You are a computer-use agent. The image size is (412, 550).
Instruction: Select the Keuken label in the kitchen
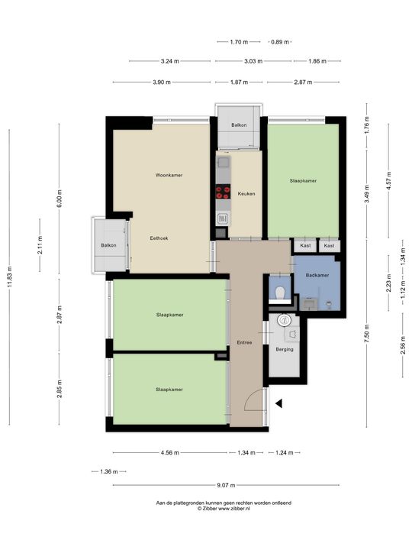[246, 193]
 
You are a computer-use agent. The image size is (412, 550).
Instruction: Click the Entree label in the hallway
[244, 343]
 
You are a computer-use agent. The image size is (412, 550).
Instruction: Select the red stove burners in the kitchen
[223, 193]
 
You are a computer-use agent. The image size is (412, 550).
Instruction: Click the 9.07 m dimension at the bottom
[226, 484]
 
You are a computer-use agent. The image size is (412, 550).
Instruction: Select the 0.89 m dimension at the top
[281, 42]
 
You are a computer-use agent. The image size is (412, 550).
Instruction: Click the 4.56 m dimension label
[169, 453]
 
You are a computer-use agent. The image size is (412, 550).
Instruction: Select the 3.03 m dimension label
[253, 61]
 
